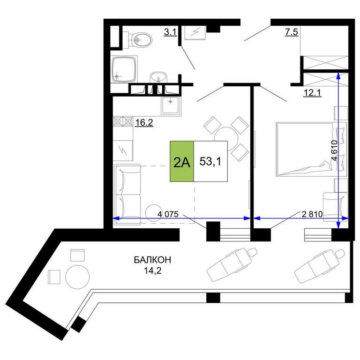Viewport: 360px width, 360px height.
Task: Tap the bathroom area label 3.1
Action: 170,32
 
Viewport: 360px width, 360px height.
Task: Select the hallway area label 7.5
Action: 292,32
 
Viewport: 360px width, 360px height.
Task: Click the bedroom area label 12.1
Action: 312,93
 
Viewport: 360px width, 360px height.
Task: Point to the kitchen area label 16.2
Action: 144,123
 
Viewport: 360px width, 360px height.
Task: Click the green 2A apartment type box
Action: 182,161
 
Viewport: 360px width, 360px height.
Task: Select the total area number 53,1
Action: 210,161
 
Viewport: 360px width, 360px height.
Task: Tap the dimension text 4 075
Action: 168,214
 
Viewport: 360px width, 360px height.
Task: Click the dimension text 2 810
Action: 312,214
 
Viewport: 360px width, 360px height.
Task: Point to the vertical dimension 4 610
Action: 334,150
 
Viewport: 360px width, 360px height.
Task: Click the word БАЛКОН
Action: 152,260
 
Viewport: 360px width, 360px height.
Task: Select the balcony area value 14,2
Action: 153,270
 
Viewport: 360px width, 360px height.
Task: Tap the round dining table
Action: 226,139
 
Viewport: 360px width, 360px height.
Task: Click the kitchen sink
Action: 170,105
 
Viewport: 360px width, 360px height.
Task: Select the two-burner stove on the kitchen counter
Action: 123,121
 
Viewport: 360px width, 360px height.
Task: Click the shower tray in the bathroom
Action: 124,69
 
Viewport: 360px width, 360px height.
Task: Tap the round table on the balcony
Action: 77,277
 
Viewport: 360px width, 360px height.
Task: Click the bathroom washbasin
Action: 158,77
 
